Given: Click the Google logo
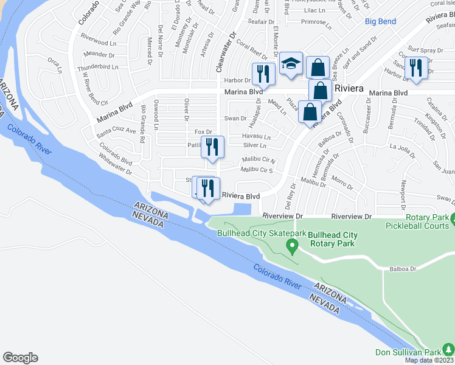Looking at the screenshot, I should [20, 358].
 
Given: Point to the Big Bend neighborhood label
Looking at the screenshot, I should [380, 22].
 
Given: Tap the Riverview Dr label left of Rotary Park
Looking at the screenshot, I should [283, 217].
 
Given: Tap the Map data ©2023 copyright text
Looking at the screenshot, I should [429, 360].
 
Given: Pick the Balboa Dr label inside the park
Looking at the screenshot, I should [403, 268].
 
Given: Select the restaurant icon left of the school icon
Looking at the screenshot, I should [263, 74].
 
